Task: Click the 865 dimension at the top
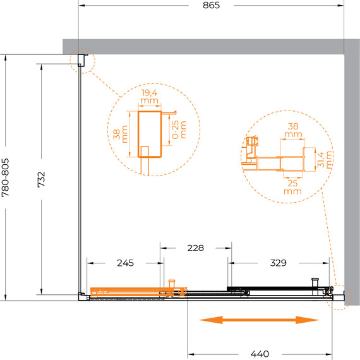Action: pos(211,5)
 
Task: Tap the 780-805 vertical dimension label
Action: pos(5,177)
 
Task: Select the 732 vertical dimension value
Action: pos(41,179)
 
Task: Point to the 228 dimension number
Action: pos(195,248)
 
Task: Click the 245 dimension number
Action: pos(125,263)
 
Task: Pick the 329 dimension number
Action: pos(279,263)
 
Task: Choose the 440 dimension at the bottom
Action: pos(260,354)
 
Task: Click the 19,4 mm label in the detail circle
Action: pos(150,97)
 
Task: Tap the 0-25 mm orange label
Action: pos(179,129)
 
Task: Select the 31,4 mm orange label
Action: pos(325,160)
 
